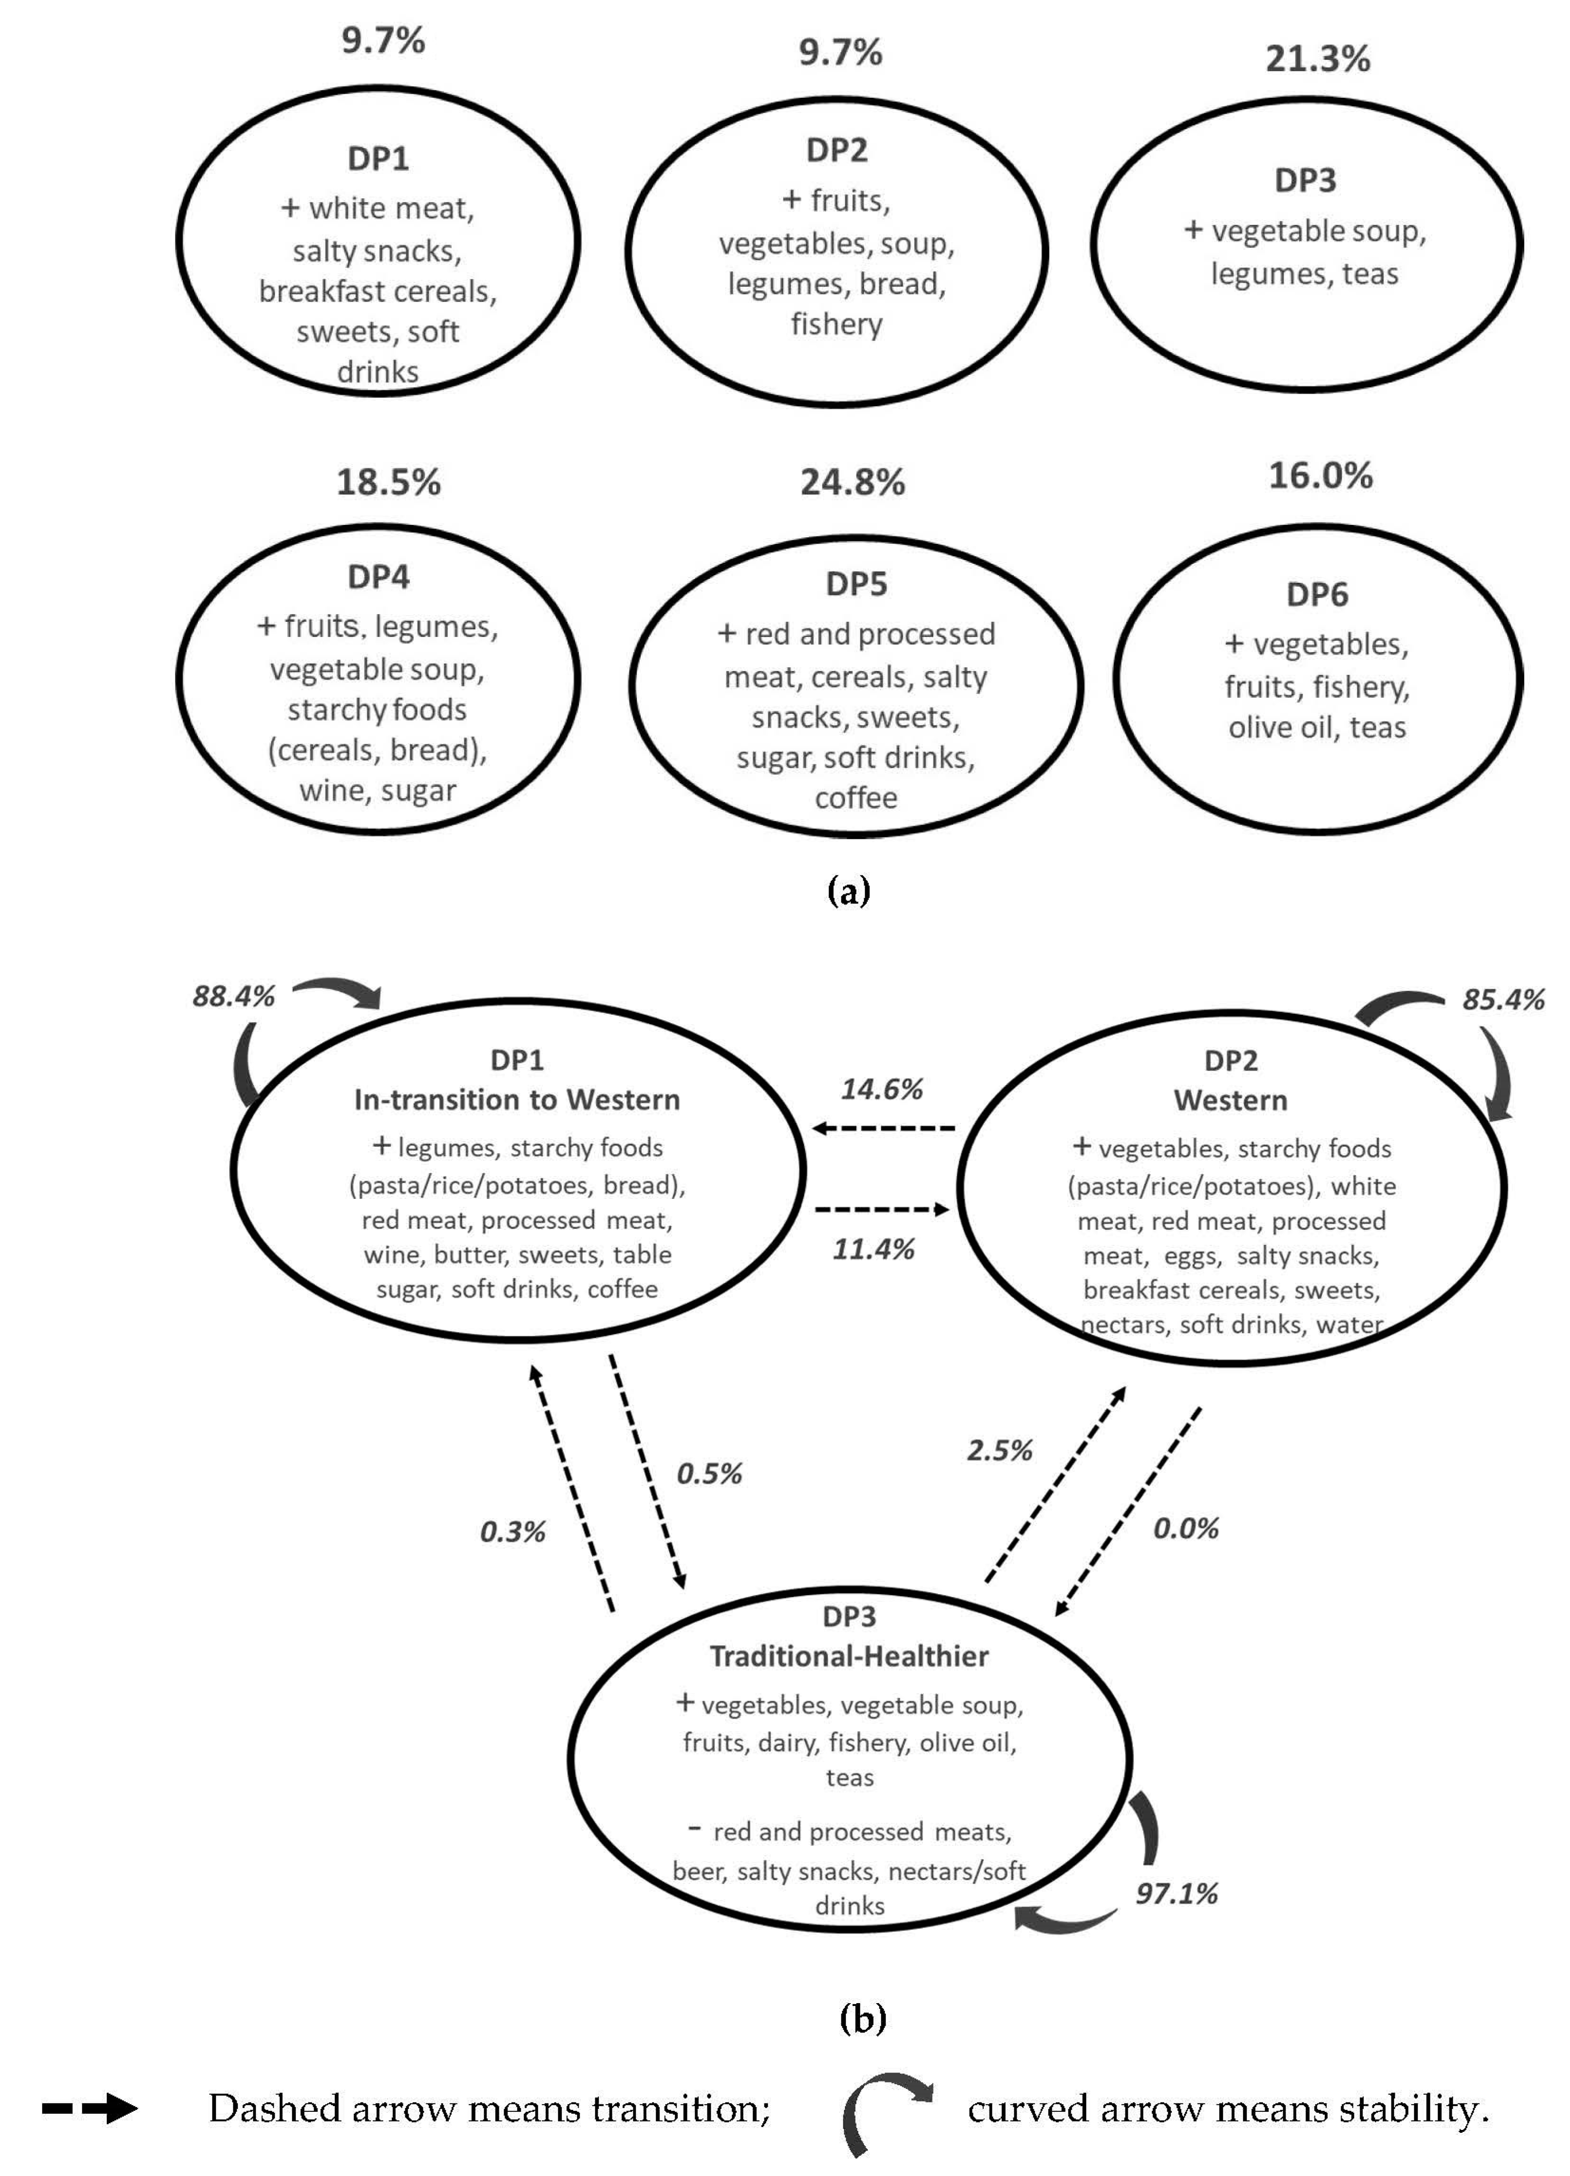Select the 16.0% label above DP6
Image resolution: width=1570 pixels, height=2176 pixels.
[1321, 476]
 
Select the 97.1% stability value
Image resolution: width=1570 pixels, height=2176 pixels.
[1177, 1893]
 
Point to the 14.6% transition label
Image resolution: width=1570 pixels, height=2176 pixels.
[882, 1089]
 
